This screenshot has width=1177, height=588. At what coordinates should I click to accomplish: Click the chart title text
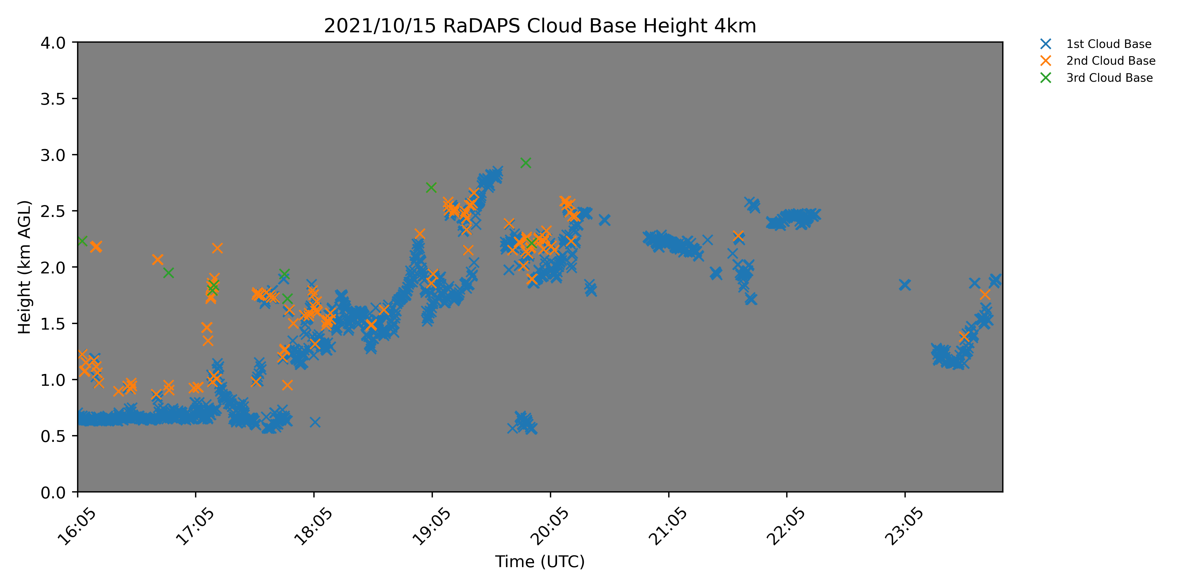coord(540,26)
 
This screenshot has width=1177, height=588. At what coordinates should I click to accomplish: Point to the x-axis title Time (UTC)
coord(540,562)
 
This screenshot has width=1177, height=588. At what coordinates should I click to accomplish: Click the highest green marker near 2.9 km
coord(526,163)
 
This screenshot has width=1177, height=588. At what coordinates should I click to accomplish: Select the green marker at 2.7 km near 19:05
coord(431,188)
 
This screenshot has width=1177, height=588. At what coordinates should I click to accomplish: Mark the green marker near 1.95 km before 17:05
coord(168,273)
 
